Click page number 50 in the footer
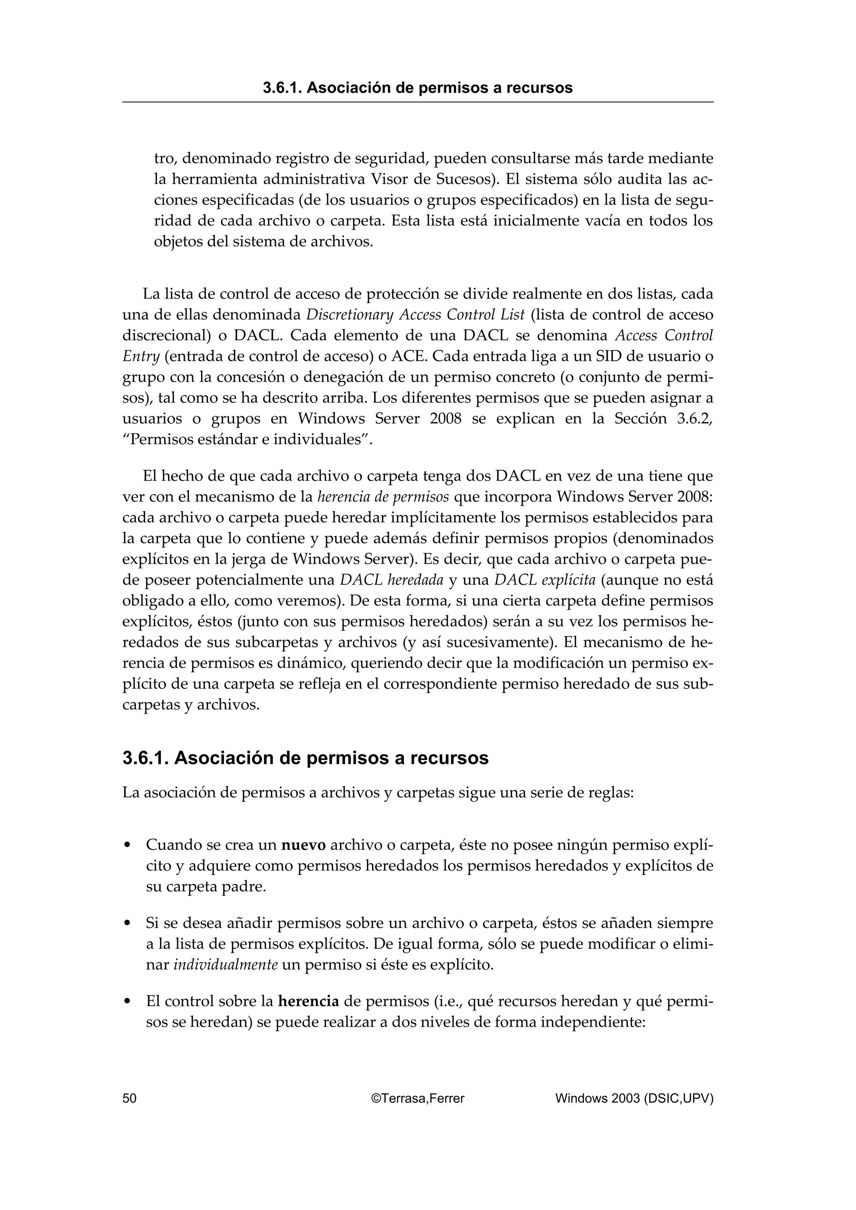(x=129, y=1098)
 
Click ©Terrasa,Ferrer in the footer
(x=418, y=1098)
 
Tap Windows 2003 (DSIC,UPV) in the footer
(x=634, y=1098)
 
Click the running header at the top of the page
(x=418, y=88)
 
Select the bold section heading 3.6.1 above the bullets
(x=306, y=758)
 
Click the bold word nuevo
(x=304, y=845)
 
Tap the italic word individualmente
(x=226, y=965)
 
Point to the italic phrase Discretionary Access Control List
(x=415, y=315)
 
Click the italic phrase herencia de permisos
(x=383, y=497)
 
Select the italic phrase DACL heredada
(x=391, y=580)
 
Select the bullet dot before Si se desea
(x=127, y=923)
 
